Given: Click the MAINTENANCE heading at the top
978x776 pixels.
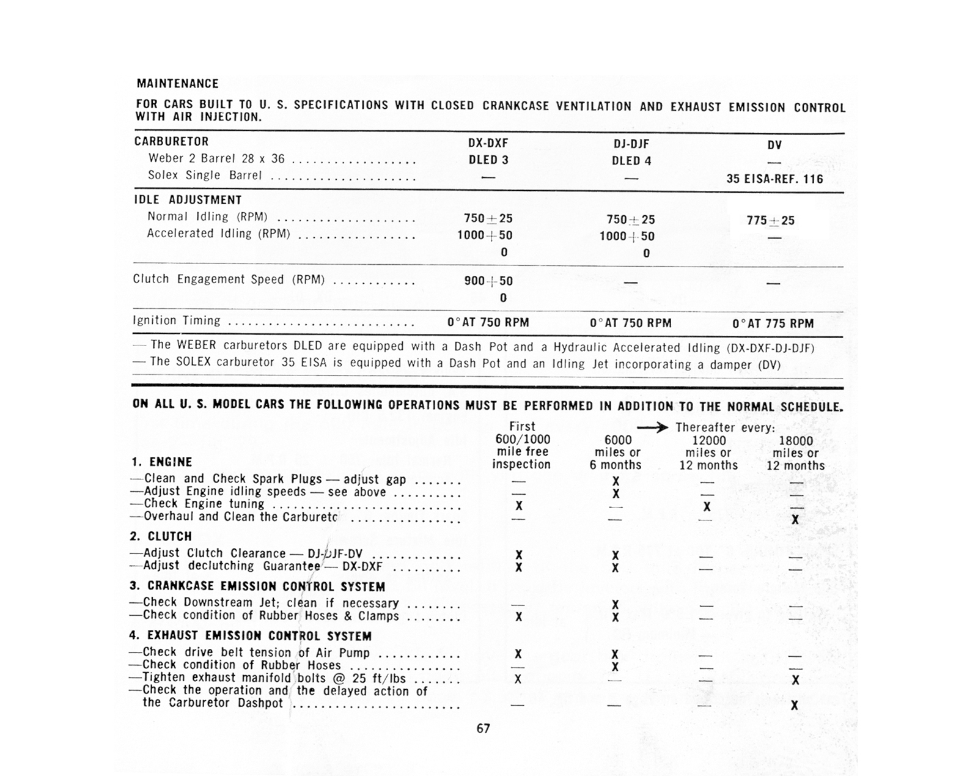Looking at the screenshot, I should click(x=177, y=84).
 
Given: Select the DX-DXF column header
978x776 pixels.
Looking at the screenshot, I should click(x=488, y=144).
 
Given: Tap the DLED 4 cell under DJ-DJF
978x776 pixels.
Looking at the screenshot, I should click(x=631, y=161).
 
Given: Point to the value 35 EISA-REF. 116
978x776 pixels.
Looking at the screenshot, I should click(x=774, y=179).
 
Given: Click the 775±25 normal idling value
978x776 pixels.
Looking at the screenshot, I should click(x=770, y=221).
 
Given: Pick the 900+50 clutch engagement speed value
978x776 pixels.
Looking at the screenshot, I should click(x=488, y=281).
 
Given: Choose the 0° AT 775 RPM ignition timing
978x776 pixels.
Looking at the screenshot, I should click(x=773, y=323).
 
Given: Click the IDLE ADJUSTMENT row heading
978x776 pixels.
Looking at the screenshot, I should click(x=188, y=200).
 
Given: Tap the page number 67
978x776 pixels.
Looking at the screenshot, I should click(x=483, y=728).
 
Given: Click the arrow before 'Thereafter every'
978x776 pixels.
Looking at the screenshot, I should click(x=652, y=428).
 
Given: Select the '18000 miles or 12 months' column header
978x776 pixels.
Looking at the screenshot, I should click(x=795, y=453).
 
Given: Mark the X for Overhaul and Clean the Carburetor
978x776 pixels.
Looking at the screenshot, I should click(x=795, y=520).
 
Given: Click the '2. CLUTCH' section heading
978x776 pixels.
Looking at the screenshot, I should click(x=161, y=536).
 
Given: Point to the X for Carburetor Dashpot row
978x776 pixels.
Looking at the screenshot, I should click(x=794, y=705).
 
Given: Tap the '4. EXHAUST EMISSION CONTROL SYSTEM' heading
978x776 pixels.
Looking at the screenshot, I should click(x=251, y=636).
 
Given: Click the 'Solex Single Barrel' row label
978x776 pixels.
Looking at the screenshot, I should click(x=205, y=176).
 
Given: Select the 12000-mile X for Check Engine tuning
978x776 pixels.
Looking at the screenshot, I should click(x=707, y=506).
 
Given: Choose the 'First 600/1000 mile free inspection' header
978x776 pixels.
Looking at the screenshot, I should click(x=521, y=445).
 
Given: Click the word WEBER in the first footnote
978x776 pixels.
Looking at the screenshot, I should click(x=196, y=346).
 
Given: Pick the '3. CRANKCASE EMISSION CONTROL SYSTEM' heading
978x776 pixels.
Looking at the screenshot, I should click(x=257, y=586).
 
